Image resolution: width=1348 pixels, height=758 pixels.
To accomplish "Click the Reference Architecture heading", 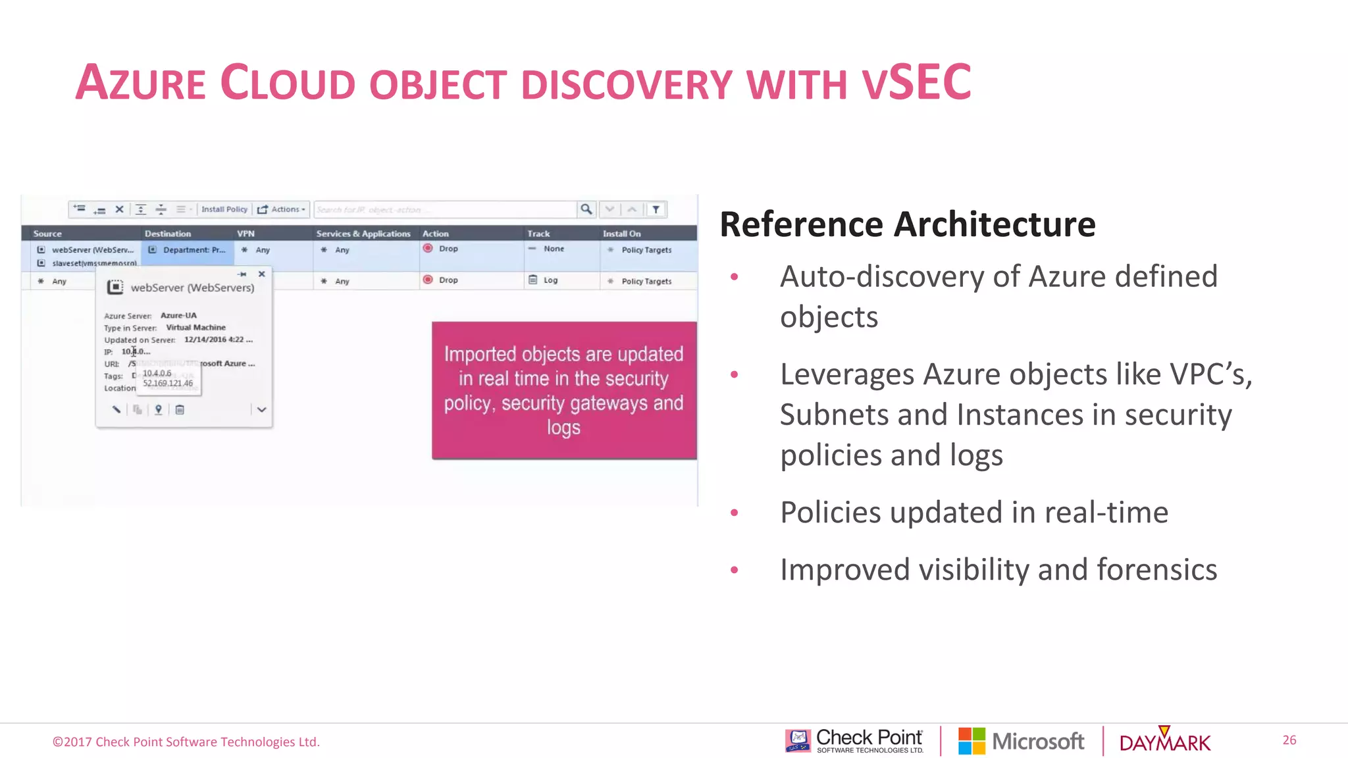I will tap(907, 224).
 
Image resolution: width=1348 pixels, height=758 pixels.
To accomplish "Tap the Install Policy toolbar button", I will tap(224, 209).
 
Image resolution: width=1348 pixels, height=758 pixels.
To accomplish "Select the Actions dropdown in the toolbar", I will tap(282, 209).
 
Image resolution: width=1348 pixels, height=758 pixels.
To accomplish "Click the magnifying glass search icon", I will tap(586, 209).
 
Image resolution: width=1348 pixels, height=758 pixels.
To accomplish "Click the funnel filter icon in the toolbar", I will tap(656, 209).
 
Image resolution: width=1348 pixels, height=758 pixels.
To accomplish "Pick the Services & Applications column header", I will tap(363, 234).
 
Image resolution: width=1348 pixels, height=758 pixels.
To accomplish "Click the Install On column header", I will tap(621, 234).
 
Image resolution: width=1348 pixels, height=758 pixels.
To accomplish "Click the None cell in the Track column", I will tap(553, 249).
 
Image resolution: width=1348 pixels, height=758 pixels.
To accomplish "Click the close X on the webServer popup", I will tap(262, 274).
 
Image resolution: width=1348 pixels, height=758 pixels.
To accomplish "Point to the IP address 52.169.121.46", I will tap(168, 384).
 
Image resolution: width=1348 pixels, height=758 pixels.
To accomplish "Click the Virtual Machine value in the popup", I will tap(195, 327).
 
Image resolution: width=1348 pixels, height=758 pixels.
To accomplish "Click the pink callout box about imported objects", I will tap(563, 390).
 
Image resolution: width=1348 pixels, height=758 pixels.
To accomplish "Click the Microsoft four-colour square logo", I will tap(972, 741).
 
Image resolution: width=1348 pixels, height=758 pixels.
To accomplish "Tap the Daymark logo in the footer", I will tap(1164, 742).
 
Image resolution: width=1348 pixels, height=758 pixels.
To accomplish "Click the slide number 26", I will tap(1289, 740).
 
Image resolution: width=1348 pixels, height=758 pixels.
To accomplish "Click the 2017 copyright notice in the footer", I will tap(186, 742).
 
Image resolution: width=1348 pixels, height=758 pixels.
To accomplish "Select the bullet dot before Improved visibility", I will tap(734, 570).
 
